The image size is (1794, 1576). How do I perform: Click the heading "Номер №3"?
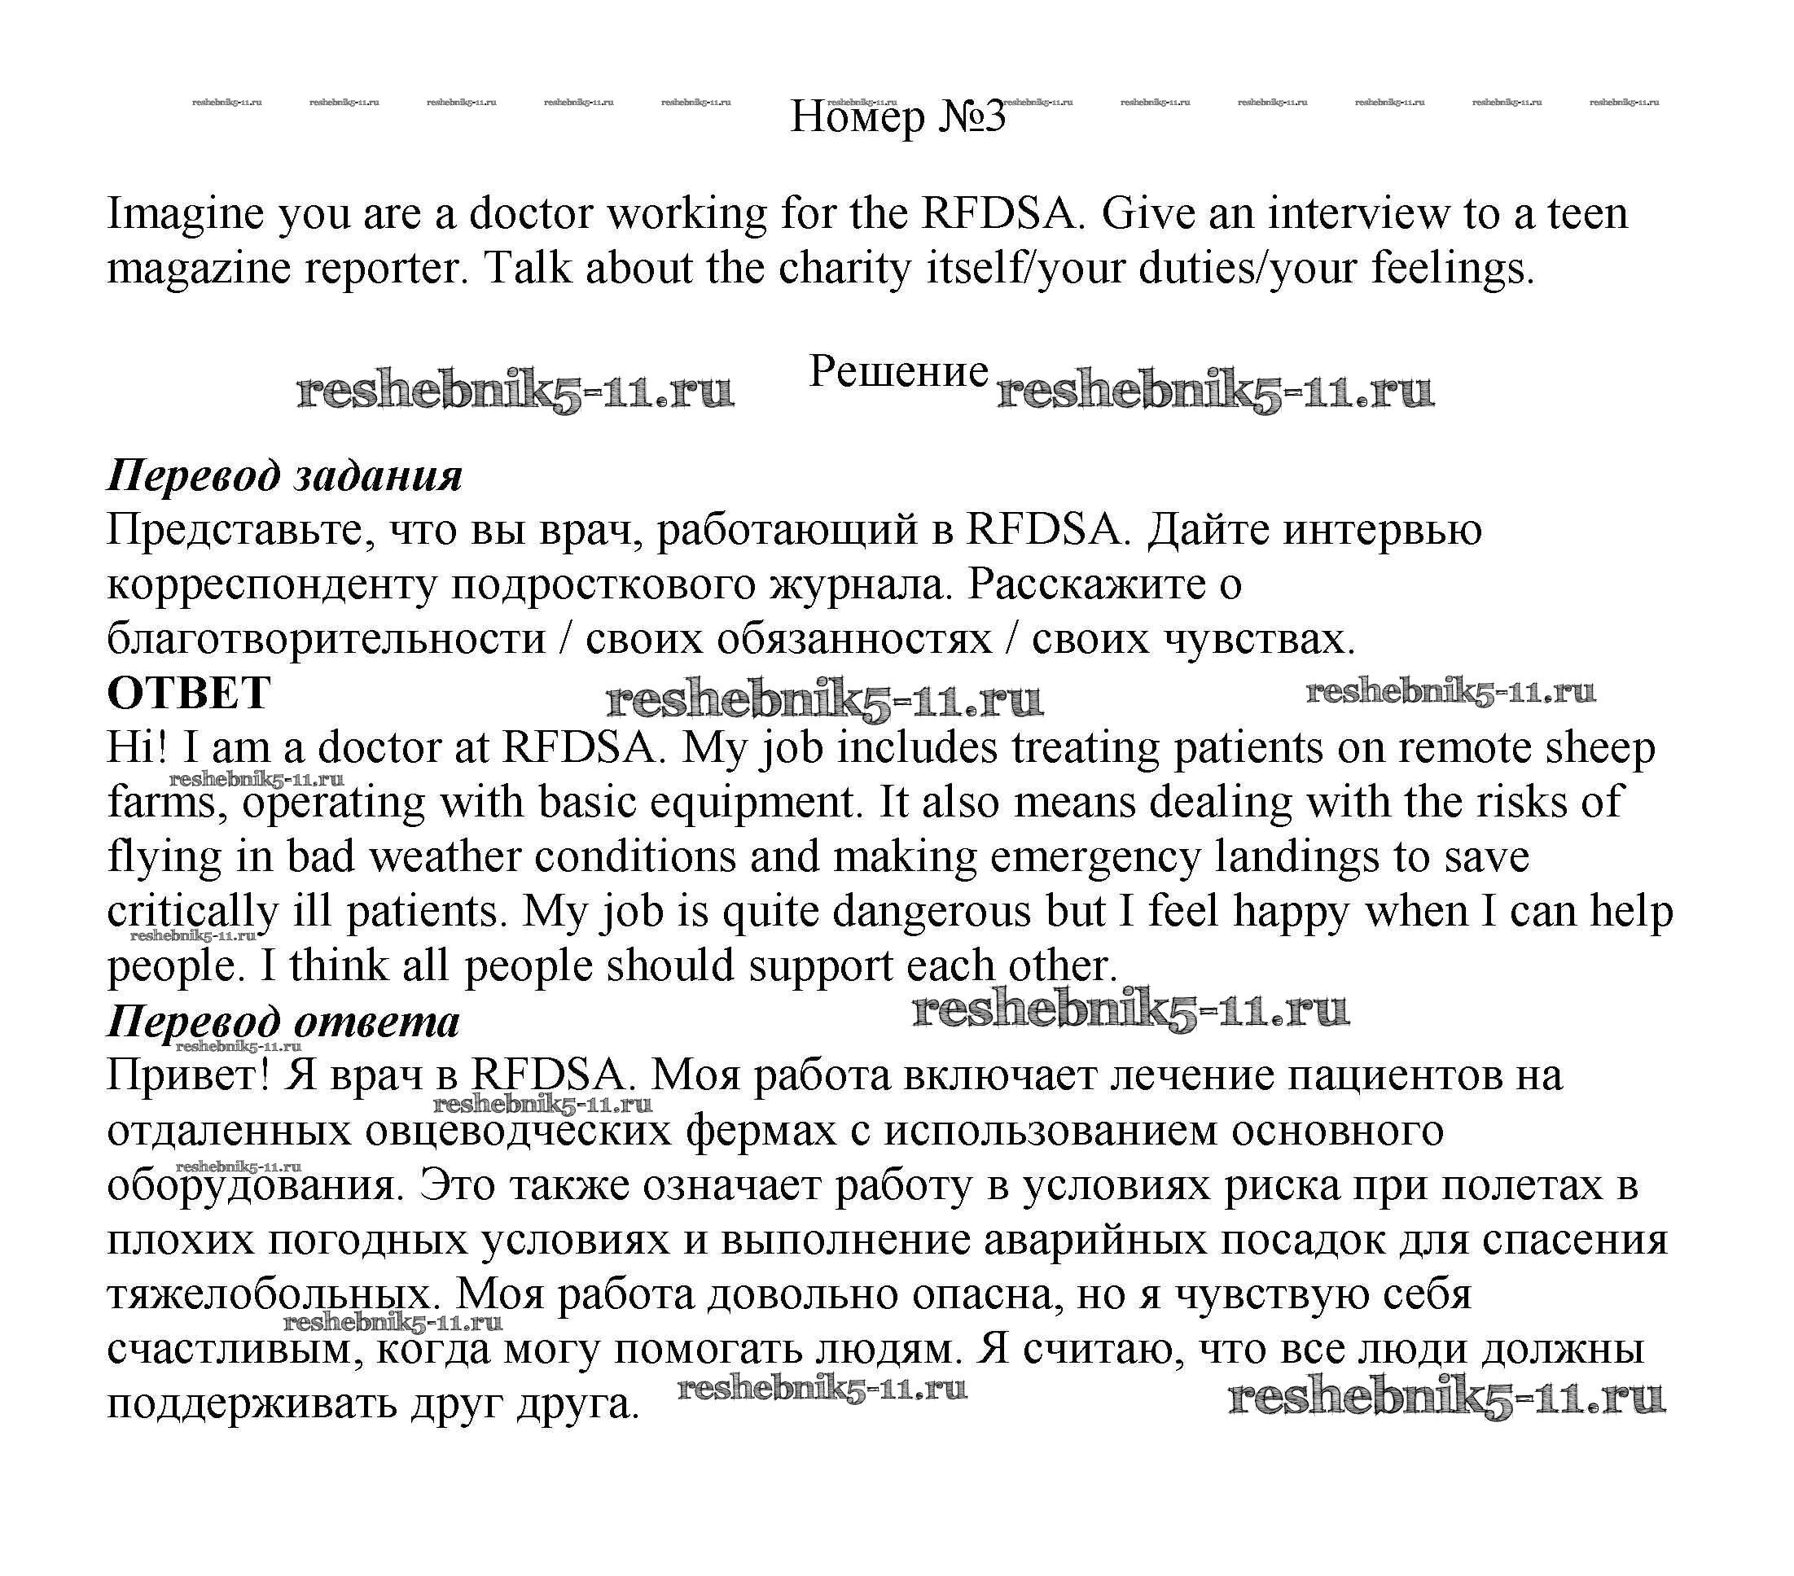click(897, 116)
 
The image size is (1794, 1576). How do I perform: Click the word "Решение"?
click(898, 371)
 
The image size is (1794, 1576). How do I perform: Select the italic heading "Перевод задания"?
click(284, 475)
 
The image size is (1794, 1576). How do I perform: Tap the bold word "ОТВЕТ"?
click(189, 694)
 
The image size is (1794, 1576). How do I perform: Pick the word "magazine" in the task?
click(199, 269)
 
